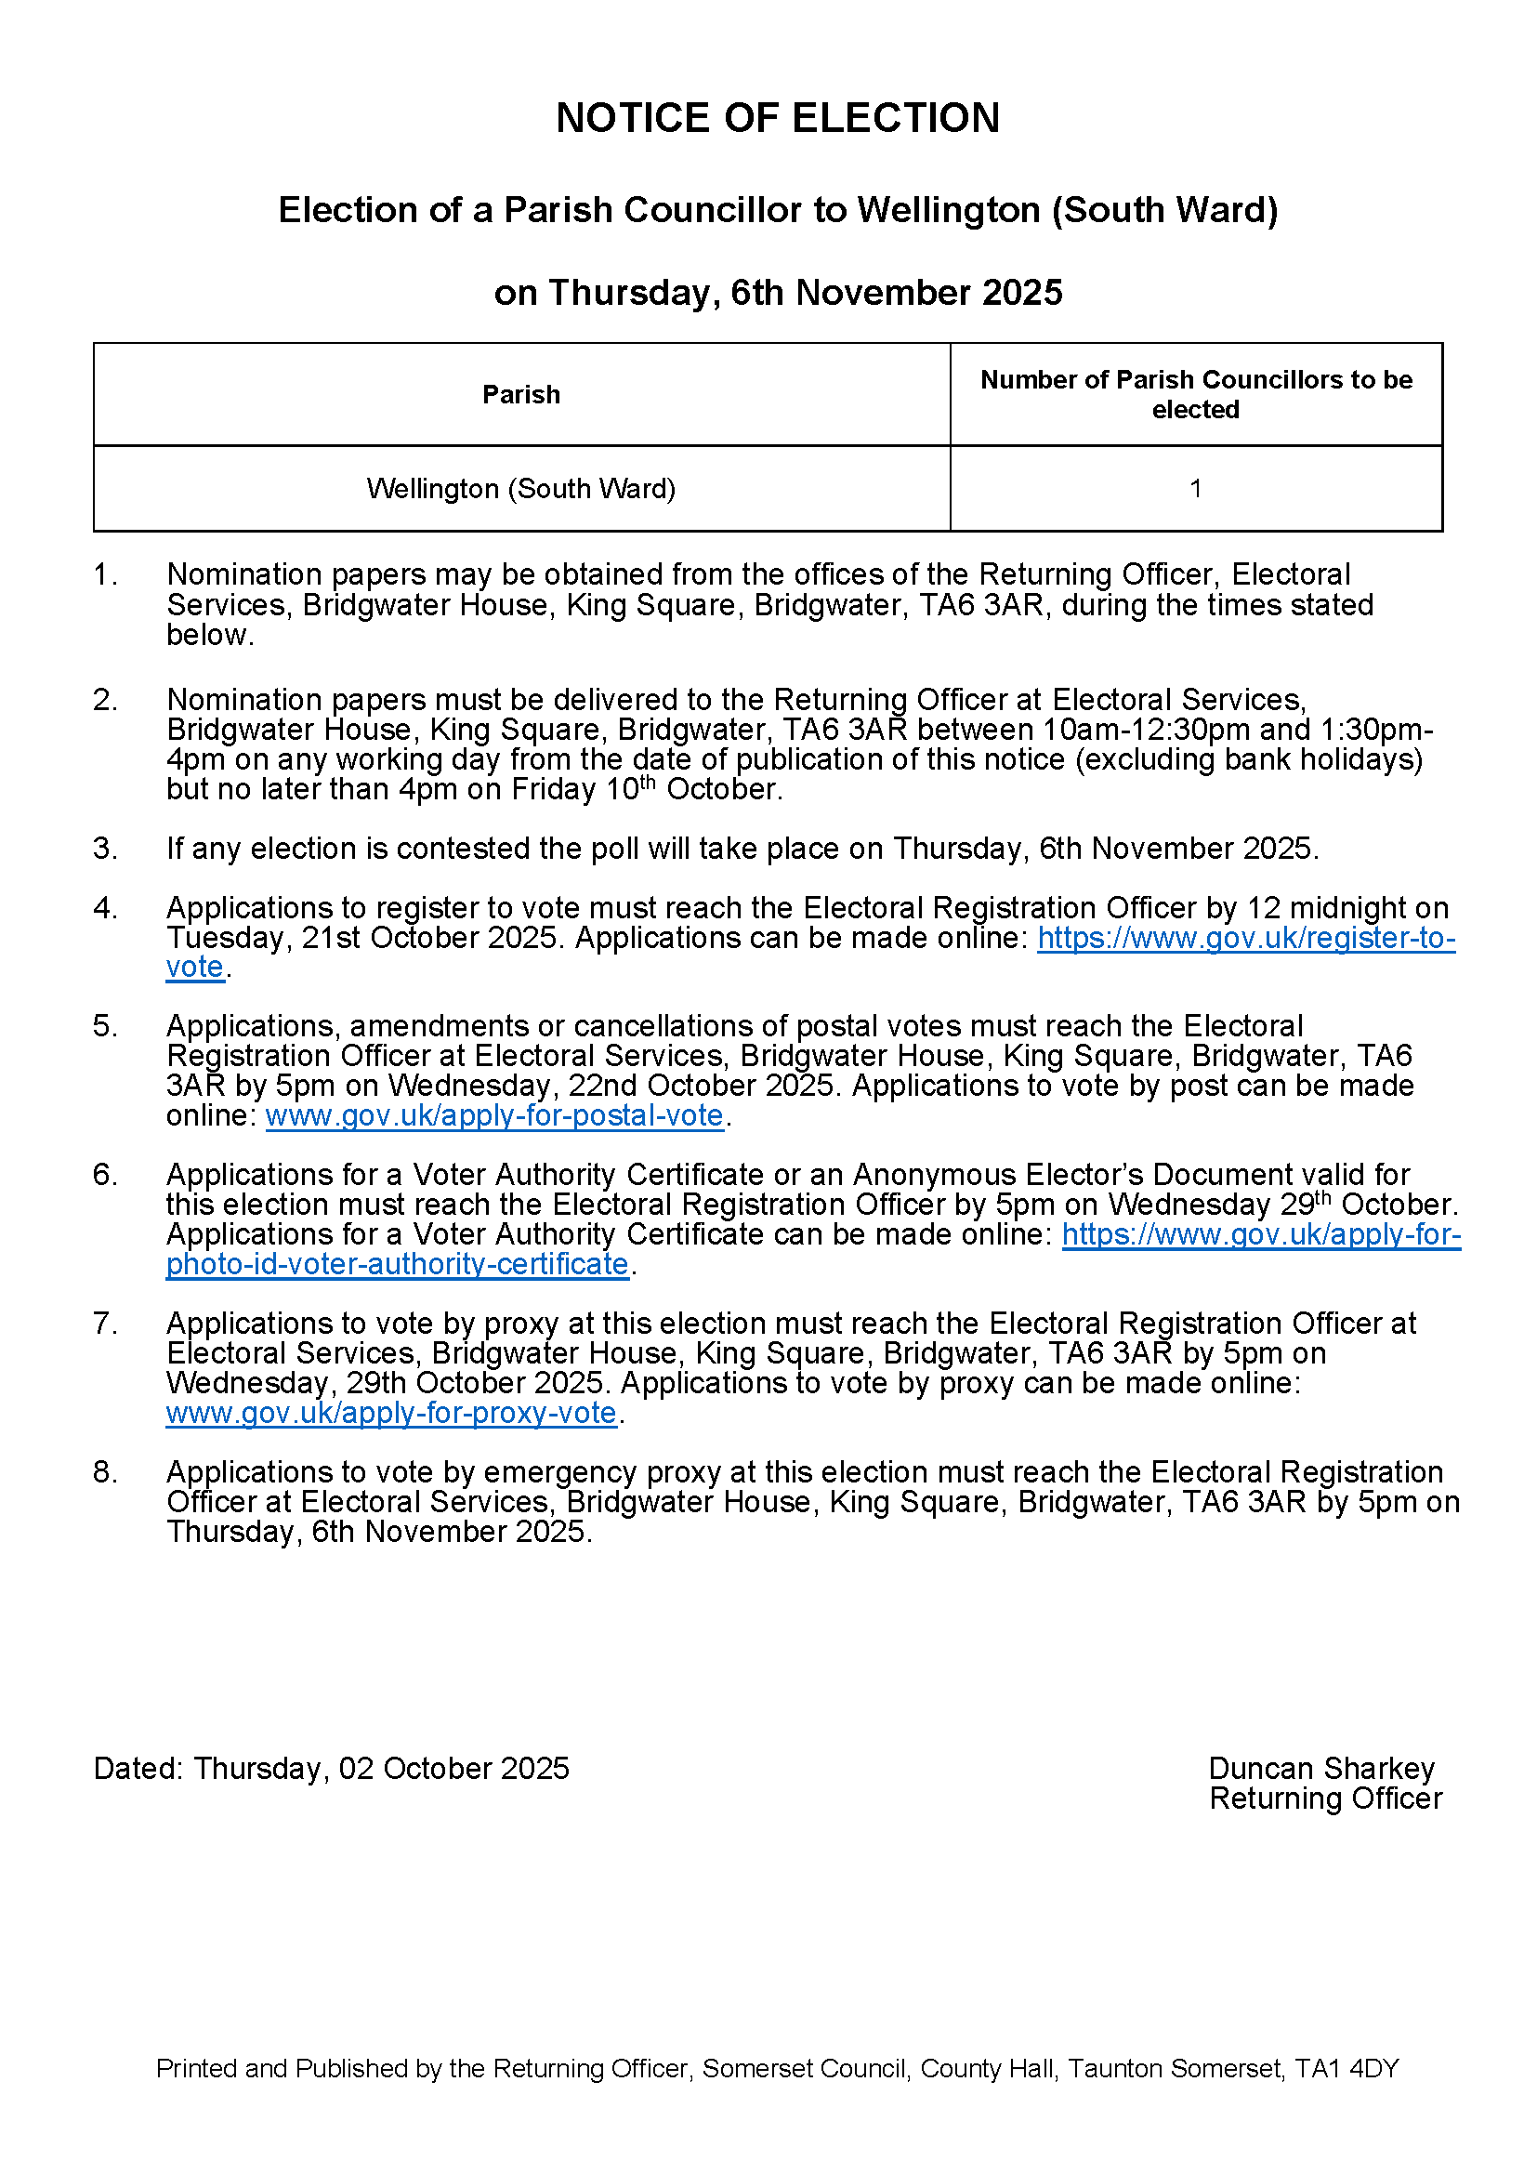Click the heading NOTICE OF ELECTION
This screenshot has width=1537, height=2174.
pyautogui.click(x=777, y=118)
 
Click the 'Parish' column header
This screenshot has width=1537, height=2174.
pyautogui.click(x=520, y=395)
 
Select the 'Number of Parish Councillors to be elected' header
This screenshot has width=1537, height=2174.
pyautogui.click(x=1195, y=395)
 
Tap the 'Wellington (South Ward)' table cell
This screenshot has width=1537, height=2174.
pyautogui.click(x=520, y=489)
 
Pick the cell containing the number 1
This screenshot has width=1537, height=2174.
pyautogui.click(x=1195, y=489)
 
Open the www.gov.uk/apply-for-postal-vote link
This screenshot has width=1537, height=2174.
pyautogui.click(x=494, y=1115)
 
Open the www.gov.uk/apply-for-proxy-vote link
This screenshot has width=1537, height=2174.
pyautogui.click(x=391, y=1413)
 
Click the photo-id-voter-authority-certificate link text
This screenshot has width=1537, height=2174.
pyautogui.click(x=398, y=1264)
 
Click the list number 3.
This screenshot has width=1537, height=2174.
pyautogui.click(x=105, y=849)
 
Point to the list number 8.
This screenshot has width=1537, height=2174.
pyautogui.click(x=105, y=1472)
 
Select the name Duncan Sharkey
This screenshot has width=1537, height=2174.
pyautogui.click(x=1321, y=1768)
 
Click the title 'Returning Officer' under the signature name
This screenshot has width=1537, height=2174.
pyautogui.click(x=1325, y=1798)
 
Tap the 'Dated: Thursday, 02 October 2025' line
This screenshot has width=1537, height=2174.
pyautogui.click(x=331, y=1768)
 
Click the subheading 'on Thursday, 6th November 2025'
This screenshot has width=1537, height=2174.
pyautogui.click(x=777, y=293)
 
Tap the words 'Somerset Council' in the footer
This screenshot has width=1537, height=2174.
pyautogui.click(x=804, y=2068)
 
